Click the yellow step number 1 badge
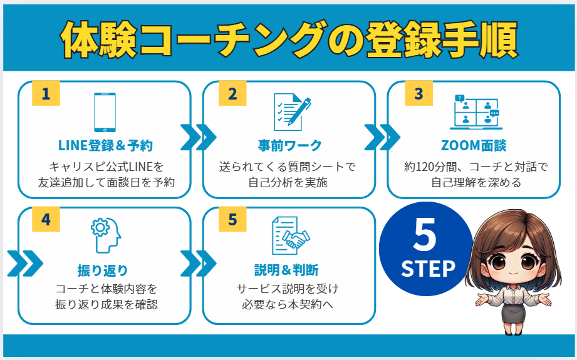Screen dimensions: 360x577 click(45, 94)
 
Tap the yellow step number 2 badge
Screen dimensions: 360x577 click(232, 94)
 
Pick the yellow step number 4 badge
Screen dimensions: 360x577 click(45, 220)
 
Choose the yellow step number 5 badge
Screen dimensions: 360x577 click(232, 220)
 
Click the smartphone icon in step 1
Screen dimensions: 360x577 click(105, 112)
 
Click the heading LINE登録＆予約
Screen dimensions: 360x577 click(105, 146)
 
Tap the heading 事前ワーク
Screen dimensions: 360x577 click(290, 146)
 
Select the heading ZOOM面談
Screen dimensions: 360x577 click(474, 146)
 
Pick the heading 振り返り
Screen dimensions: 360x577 click(105, 270)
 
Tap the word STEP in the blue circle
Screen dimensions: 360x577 click(428, 268)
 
